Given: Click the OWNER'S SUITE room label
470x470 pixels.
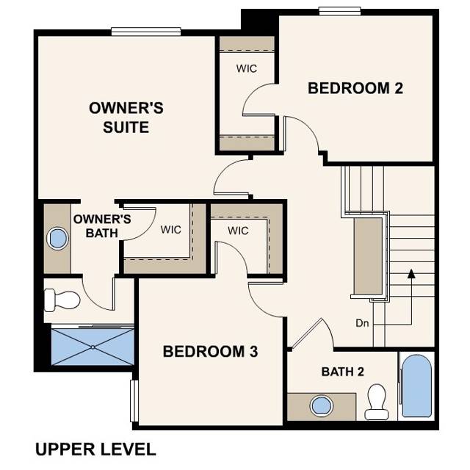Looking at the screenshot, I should (x=126, y=117).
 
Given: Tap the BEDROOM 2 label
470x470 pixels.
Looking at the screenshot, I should (x=355, y=89).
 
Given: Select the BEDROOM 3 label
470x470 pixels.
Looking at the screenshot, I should (x=210, y=352).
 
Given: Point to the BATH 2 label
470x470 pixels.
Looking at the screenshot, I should (x=343, y=372).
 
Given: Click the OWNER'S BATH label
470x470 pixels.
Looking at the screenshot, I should (x=102, y=225).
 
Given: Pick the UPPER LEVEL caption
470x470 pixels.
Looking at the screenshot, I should (x=95, y=449).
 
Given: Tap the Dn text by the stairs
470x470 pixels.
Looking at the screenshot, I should (x=361, y=322).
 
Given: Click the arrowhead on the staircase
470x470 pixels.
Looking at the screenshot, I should (x=412, y=274).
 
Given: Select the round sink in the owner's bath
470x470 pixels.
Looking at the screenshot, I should (x=57, y=238).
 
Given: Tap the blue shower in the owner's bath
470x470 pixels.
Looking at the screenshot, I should (x=93, y=346).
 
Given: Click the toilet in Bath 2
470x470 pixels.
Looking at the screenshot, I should (x=377, y=401).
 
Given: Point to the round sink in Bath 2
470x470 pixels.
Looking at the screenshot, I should (x=320, y=405).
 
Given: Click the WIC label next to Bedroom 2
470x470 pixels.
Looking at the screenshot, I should (x=246, y=68).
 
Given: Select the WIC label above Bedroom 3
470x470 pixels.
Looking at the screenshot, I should (x=238, y=231).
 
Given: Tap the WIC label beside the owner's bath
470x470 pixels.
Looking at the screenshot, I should (x=171, y=228).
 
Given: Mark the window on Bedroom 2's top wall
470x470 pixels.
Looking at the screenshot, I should (x=339, y=10).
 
